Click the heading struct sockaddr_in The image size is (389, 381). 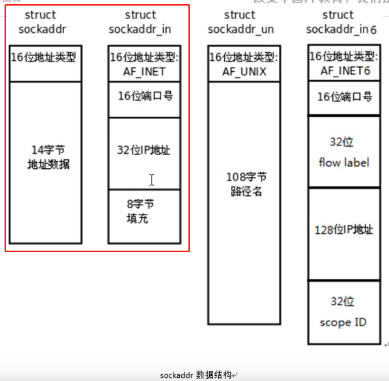pyautogui.click(x=140, y=22)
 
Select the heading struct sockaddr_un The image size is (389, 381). pyautogui.click(x=240, y=22)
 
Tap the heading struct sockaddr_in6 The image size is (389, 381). pyautogui.click(x=341, y=22)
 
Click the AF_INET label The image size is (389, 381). pyautogui.click(x=144, y=71)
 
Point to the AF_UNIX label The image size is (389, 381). pyautogui.click(x=244, y=71)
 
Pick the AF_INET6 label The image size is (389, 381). pyautogui.click(x=345, y=70)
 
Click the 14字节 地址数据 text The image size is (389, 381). pyautogui.click(x=48, y=157)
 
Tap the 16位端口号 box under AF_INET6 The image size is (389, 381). pyautogui.click(x=345, y=97)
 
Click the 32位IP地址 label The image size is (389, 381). pyautogui.click(x=143, y=151)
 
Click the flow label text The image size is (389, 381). pyautogui.click(x=344, y=163)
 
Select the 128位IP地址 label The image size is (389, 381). pyautogui.click(x=344, y=230)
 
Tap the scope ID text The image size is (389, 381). pyautogui.click(x=343, y=322)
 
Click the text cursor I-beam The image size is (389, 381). pyautogui.click(x=152, y=180)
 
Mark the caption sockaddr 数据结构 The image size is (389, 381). pyautogui.click(x=196, y=375)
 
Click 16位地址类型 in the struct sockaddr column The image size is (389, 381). pyautogui.click(x=44, y=57)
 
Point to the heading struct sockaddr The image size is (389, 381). pyautogui.click(x=42, y=22)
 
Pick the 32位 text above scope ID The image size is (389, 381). pyautogui.click(x=343, y=302)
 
